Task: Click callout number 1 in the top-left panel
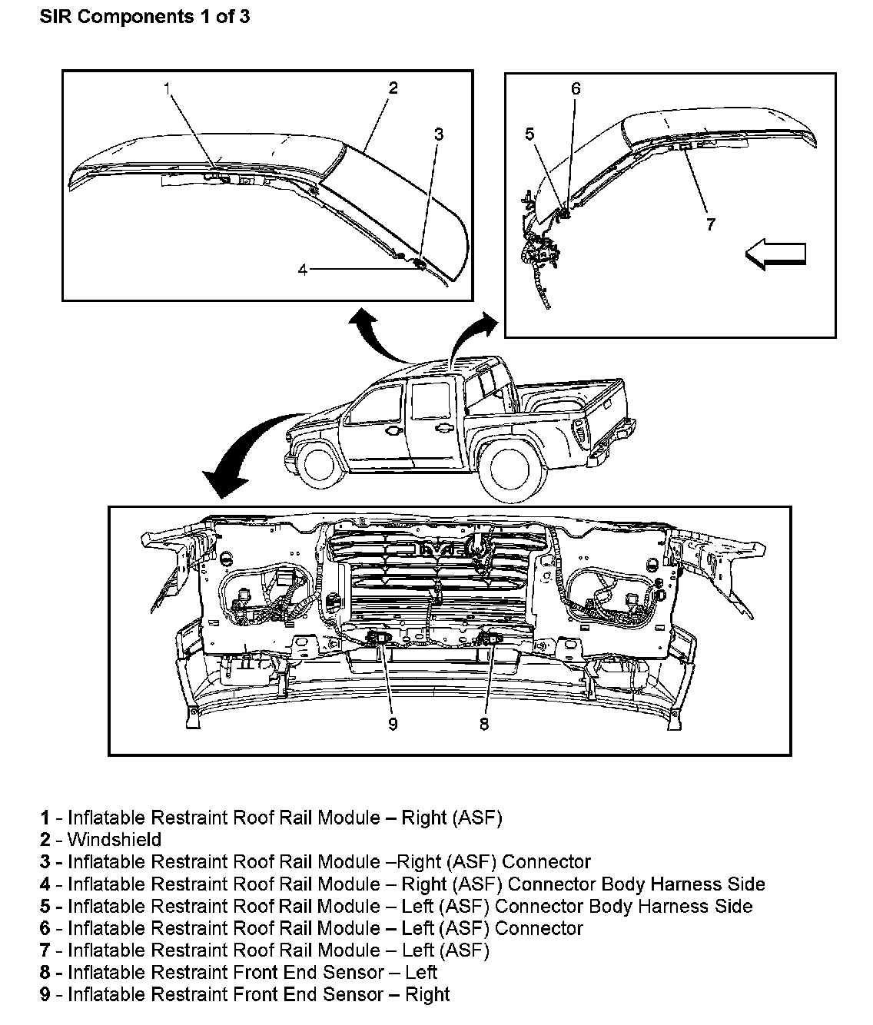coord(167,88)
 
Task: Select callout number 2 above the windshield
coord(393,88)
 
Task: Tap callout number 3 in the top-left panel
coord(438,134)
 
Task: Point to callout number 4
coord(303,270)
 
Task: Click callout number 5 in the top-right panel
coord(529,134)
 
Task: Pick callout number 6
coord(576,88)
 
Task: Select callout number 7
coord(710,224)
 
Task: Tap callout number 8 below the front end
coord(483,724)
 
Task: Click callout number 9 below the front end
coord(393,724)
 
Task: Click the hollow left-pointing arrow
coord(776,254)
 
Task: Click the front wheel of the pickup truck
coord(322,466)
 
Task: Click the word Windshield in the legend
coord(115,840)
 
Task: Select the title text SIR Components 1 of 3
coord(144,17)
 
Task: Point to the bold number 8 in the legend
coord(45,973)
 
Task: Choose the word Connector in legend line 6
coord(539,928)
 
